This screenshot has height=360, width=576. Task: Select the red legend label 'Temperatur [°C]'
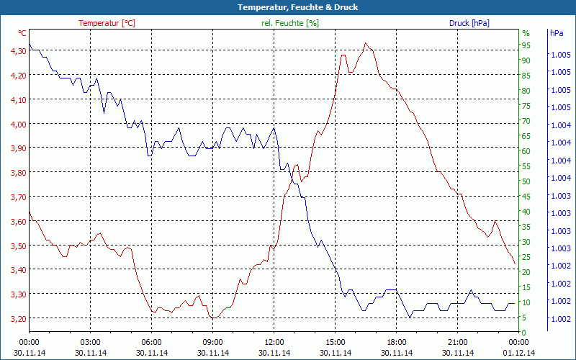107,23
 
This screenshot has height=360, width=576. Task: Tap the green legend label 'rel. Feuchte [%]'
290,23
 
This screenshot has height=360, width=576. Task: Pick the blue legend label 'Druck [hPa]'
469,23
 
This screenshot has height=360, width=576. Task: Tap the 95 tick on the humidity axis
526,45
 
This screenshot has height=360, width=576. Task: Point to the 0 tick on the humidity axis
523,333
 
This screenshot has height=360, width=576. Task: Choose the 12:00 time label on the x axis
274,342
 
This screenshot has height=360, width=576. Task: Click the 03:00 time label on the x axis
90,342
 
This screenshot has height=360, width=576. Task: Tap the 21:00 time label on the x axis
458,342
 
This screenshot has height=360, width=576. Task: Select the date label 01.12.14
519,353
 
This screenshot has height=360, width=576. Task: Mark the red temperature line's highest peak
366,43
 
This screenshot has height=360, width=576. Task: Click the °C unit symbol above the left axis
22,33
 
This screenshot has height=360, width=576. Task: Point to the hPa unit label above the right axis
557,33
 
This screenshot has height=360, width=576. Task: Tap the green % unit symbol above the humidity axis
526,33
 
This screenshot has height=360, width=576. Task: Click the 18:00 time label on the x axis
397,342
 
